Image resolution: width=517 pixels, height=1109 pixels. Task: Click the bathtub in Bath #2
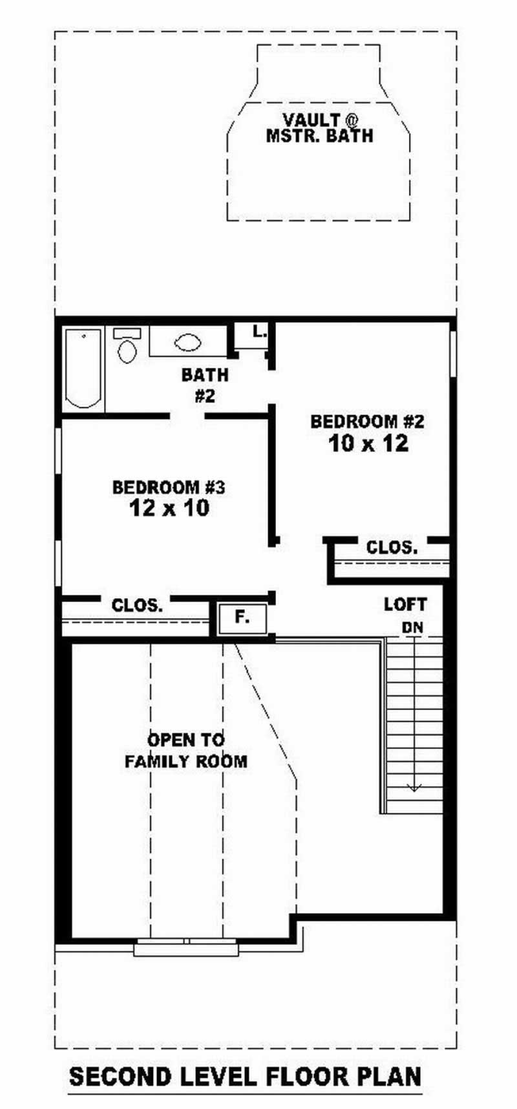pyautogui.click(x=83, y=369)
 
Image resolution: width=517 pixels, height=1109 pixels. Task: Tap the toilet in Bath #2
pyautogui.click(x=127, y=348)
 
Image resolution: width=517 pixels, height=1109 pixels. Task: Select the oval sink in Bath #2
pyautogui.click(x=188, y=343)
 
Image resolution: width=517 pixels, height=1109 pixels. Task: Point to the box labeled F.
pyautogui.click(x=242, y=618)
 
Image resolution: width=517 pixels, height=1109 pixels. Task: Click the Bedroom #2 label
pyautogui.click(x=367, y=422)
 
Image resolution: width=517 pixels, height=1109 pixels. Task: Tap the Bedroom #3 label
pyautogui.click(x=168, y=487)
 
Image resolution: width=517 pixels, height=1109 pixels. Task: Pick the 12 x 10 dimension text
pyautogui.click(x=169, y=508)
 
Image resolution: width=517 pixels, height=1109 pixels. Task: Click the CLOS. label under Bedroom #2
pyautogui.click(x=392, y=548)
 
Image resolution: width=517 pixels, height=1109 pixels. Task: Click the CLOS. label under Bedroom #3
pyautogui.click(x=137, y=606)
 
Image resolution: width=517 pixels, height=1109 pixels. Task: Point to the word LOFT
pyautogui.click(x=405, y=605)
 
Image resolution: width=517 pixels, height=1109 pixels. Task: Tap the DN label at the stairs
pyautogui.click(x=412, y=627)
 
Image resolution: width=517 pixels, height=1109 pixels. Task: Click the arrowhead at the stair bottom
pyautogui.click(x=413, y=788)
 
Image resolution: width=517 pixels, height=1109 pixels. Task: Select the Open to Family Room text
pyautogui.click(x=185, y=750)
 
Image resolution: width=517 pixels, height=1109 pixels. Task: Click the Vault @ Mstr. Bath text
pyautogui.click(x=319, y=127)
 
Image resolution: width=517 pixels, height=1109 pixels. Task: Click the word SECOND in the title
pyautogui.click(x=120, y=1077)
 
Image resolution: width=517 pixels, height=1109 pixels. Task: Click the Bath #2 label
pyautogui.click(x=204, y=385)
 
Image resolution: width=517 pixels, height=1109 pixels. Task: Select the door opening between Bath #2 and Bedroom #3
pyautogui.click(x=187, y=416)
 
